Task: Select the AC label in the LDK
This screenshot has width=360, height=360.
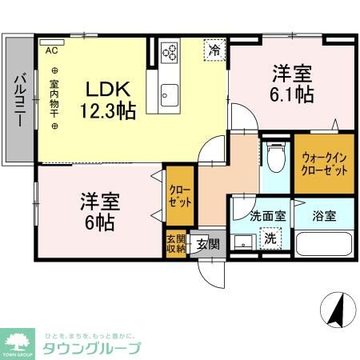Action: tap(51, 50)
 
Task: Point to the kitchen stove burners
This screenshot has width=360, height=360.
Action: tap(170, 53)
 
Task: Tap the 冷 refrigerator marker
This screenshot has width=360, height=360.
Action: tap(214, 50)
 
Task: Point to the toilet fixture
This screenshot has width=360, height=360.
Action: tap(276, 158)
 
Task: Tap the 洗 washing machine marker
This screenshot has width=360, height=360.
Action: tap(270, 238)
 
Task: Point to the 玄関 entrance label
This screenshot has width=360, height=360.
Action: tap(207, 244)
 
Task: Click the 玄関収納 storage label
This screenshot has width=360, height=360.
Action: tap(176, 244)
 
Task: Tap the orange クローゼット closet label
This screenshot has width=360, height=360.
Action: tap(179, 196)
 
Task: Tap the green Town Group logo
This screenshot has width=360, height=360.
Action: tap(18, 344)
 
